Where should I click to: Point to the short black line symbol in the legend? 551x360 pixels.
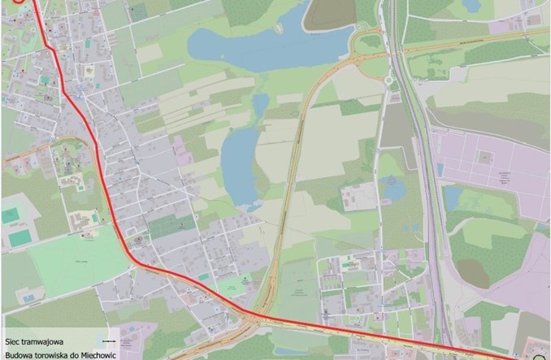point(111,341)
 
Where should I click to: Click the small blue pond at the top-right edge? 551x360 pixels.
point(471,6)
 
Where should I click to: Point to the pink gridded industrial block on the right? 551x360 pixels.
point(496,167)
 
